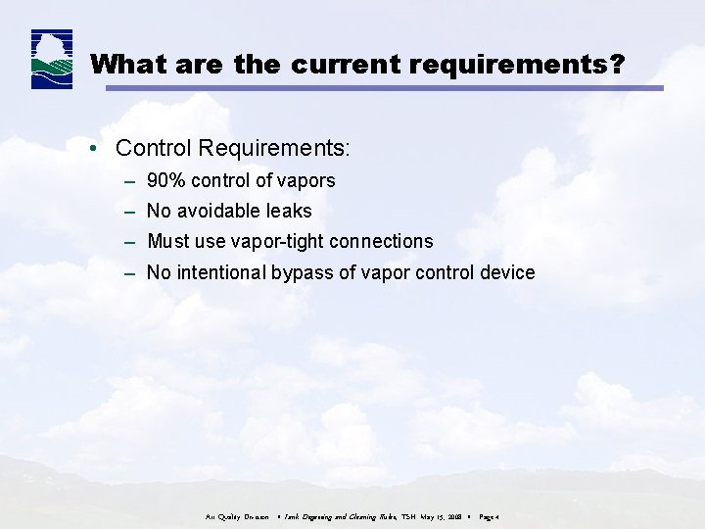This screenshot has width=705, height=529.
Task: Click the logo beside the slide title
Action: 51,60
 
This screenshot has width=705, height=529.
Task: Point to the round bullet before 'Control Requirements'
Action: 90,149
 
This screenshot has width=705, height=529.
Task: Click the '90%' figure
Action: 167,180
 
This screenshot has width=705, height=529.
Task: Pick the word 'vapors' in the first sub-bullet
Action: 307,180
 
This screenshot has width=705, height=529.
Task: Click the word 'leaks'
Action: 289,211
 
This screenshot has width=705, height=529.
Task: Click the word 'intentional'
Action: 221,272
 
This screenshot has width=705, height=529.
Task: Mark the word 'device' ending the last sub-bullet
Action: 508,272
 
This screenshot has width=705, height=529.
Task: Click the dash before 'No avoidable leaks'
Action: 130,211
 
